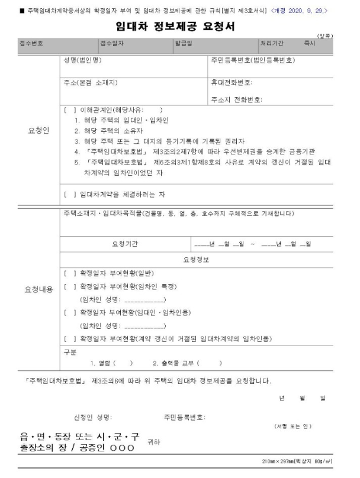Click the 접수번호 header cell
coord(31,44)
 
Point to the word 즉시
coord(309,44)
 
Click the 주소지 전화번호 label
coord(236,99)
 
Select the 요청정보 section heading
coord(199,259)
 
